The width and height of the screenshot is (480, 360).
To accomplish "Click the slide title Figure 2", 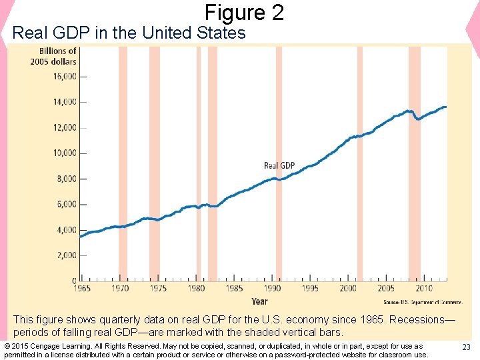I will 244,12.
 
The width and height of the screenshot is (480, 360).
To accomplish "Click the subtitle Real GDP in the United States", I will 129,33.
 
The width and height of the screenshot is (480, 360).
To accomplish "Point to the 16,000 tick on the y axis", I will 65,77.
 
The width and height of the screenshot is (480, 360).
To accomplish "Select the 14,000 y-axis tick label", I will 65,102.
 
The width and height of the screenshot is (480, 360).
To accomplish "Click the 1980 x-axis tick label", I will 196,289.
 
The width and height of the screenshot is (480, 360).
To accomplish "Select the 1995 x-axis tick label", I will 310,289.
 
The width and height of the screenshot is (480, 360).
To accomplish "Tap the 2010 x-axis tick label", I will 423,289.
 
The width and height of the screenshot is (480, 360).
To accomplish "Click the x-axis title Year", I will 259,301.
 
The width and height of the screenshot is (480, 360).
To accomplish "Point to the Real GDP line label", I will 279,165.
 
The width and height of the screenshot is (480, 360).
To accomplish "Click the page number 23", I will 466,347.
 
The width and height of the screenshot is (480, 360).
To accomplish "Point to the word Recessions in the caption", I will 421,320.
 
